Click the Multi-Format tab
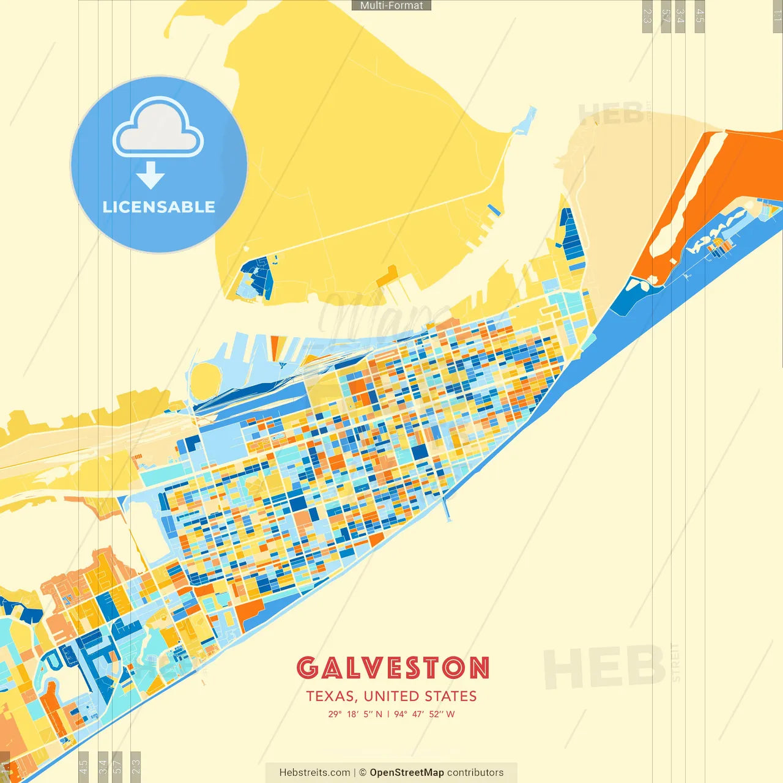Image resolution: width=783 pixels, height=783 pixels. (x=391, y=6)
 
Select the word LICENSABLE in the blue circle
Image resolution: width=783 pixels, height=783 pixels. (x=159, y=207)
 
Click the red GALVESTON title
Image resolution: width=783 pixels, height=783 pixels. (x=393, y=668)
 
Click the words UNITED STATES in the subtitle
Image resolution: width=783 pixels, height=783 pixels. (x=420, y=696)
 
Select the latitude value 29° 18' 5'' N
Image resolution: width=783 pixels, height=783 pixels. (x=355, y=714)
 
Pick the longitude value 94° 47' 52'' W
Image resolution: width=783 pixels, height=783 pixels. (x=425, y=714)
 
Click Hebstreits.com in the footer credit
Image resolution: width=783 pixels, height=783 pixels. (x=314, y=773)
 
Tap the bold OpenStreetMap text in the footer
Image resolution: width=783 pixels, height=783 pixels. (x=406, y=773)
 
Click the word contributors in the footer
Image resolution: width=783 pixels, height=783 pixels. (x=475, y=773)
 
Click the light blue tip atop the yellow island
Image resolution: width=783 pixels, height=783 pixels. (x=524, y=122)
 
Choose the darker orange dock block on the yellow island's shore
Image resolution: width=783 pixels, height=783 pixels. (x=387, y=278)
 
